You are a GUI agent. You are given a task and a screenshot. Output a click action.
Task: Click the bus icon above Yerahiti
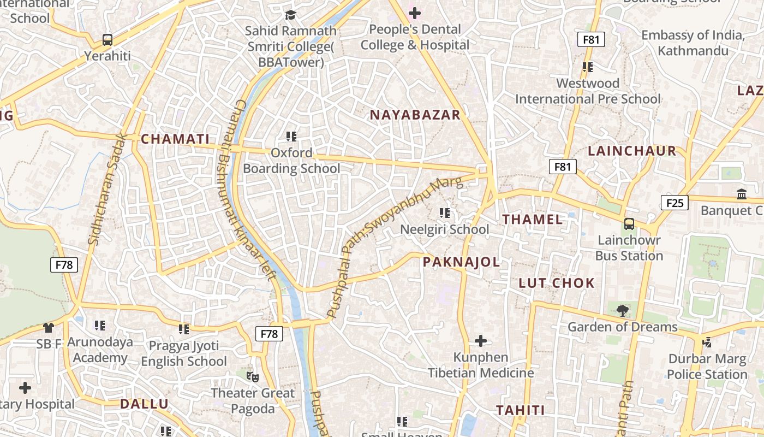[x=108, y=40]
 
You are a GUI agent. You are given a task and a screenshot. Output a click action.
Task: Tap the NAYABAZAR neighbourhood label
[x=415, y=115]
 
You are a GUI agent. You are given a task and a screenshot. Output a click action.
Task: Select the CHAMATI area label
[x=175, y=139]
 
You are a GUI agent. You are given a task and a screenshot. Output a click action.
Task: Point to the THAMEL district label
[x=533, y=220]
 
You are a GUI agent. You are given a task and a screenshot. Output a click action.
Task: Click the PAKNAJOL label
[x=461, y=262]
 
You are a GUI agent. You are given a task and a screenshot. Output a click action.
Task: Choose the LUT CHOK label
[x=557, y=283]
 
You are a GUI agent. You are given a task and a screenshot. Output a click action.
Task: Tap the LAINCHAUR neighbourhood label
[x=632, y=151]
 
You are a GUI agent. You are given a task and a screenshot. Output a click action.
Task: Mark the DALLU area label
[x=144, y=404]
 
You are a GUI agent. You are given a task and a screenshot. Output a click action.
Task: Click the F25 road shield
[x=675, y=203]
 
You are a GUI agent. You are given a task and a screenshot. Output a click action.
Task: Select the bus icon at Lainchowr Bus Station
[x=629, y=223]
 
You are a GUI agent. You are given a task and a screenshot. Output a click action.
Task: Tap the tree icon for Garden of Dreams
[x=622, y=311]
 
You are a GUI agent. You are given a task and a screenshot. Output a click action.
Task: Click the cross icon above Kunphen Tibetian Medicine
[x=480, y=341]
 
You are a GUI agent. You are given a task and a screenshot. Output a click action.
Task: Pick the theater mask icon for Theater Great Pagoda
[x=252, y=376]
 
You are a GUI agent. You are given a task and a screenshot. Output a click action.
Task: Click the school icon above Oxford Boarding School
[x=291, y=136]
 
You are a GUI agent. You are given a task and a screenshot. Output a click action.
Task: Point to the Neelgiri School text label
[x=445, y=229]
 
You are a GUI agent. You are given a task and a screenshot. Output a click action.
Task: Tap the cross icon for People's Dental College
[x=415, y=13]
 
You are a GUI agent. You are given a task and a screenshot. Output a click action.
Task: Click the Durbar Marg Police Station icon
[x=707, y=342]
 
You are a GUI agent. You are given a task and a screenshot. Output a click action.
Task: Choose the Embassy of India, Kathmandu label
[x=693, y=43]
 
